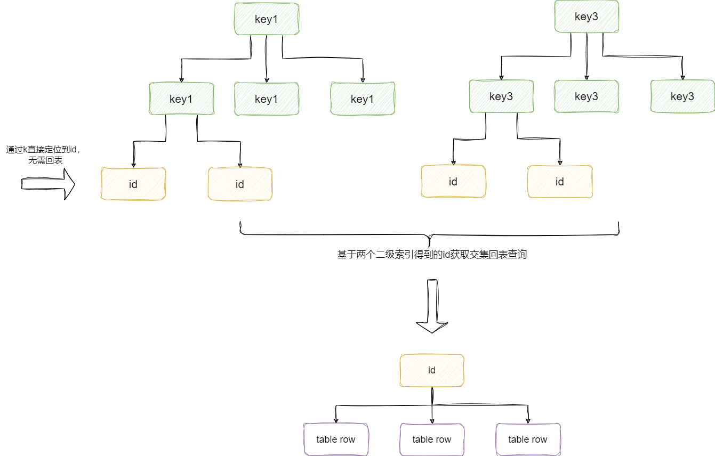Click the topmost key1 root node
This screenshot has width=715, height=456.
pos(267,19)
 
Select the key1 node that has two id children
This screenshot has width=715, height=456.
pos(181,99)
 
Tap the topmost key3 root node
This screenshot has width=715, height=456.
pos(587,17)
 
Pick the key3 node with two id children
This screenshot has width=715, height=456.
pos(501,96)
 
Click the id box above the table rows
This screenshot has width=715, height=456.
pos(432,370)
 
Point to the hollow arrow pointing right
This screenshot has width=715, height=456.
pos(48,184)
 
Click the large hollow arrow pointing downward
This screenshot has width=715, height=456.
pos(432,306)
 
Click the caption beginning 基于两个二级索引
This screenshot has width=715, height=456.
pos(432,255)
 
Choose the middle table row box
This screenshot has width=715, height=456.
pos(432,439)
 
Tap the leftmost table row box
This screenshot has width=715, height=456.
pos(336,439)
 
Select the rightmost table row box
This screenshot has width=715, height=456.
pos(528,439)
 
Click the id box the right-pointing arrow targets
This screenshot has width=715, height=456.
pos(133,184)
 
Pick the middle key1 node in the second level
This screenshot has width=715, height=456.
pos(267,99)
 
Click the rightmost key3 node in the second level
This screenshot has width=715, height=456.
pos(682,96)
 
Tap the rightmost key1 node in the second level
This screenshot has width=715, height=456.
pos(363,99)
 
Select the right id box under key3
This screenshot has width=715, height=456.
pos(560,182)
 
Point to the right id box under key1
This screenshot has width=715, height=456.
pos(240,184)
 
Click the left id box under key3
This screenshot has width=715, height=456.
pos(453,182)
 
